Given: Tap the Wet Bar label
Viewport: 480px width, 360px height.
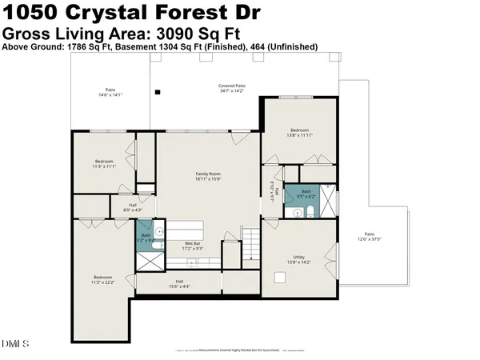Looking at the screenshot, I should (192, 246).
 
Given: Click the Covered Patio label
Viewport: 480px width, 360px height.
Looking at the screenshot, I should (232, 88).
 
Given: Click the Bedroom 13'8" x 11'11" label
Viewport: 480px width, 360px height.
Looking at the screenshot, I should (299, 132).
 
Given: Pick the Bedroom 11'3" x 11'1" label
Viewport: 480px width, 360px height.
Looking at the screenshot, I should (104, 164).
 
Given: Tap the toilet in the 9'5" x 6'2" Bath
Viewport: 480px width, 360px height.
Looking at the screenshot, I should (294, 212).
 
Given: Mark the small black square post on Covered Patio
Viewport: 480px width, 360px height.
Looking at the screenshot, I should (158, 93).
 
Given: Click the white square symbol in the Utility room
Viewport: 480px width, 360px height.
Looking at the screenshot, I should (280, 278).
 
